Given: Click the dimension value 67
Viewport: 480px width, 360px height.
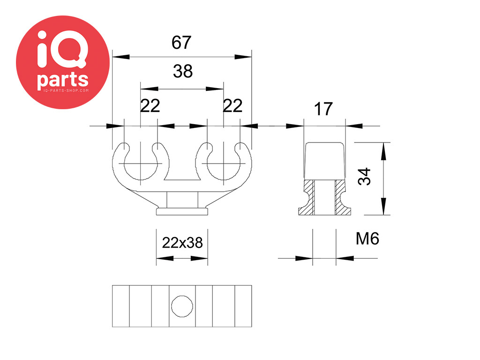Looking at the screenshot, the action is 181,42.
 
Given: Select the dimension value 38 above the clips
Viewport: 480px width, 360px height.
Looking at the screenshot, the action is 183,71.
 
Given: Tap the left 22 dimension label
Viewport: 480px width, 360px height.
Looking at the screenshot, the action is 150,106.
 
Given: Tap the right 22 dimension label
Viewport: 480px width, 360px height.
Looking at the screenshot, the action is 232,106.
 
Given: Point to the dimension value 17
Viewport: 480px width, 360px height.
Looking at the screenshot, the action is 323,109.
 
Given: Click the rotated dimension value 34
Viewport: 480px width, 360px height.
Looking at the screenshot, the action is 364,177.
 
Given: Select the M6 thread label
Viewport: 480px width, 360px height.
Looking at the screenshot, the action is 367,239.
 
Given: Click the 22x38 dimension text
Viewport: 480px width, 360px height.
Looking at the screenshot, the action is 182,243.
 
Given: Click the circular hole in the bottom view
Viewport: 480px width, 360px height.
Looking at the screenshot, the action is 182,306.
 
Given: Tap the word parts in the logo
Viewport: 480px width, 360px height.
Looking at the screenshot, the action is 63,80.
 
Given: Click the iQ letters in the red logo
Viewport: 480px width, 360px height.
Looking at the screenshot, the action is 62,49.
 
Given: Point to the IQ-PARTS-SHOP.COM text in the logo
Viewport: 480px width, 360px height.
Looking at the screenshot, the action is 66,90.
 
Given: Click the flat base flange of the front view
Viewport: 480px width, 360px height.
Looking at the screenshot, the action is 182,211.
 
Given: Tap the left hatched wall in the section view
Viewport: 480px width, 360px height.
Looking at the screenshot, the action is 307,197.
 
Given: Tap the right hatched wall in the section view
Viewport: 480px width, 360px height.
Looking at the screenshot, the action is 342,197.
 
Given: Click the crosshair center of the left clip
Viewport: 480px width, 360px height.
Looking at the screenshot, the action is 141,164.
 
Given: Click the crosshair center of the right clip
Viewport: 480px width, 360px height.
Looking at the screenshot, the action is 224,164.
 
